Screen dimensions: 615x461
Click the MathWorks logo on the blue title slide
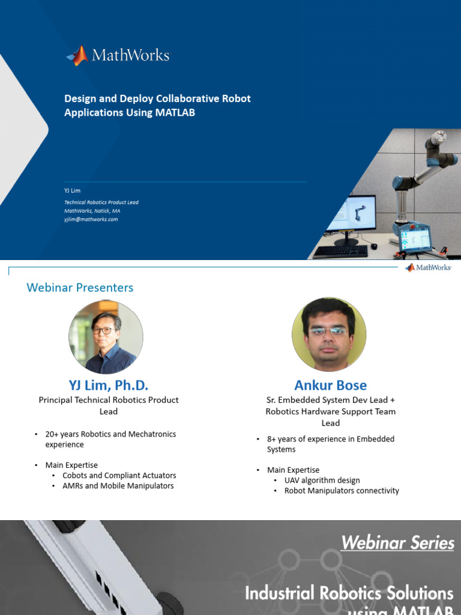click(118, 56)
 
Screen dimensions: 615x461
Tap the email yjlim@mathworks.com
click(91, 219)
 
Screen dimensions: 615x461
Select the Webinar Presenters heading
click(80, 288)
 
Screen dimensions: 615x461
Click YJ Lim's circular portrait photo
click(106, 337)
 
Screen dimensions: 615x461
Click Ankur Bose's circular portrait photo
click(328, 334)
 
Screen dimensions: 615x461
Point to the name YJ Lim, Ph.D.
click(108, 384)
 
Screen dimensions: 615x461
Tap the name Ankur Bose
click(330, 384)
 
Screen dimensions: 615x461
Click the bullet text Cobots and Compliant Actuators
click(119, 475)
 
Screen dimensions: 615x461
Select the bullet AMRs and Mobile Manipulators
click(118, 485)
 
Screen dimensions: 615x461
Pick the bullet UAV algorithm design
click(322, 480)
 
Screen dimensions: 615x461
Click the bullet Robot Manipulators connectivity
click(342, 491)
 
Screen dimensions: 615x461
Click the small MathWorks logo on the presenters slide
click(428, 267)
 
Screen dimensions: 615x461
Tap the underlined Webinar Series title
click(397, 542)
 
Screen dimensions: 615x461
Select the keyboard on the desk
click(340, 251)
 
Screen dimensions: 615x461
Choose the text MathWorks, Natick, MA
click(92, 211)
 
